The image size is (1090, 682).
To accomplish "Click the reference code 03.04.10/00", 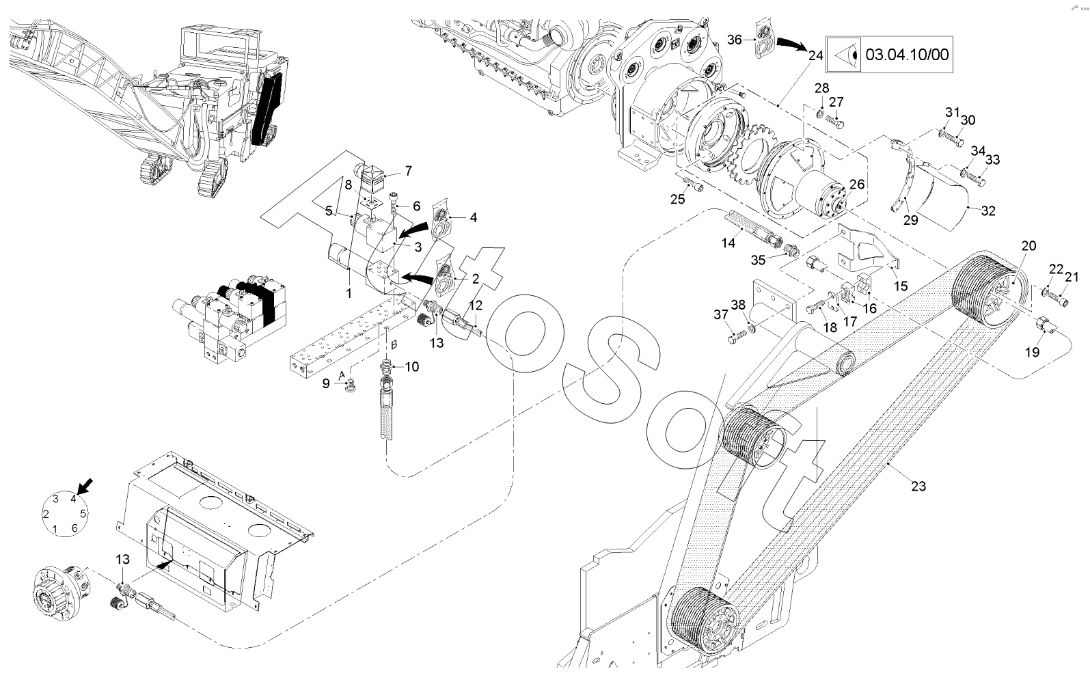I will pos(907,54).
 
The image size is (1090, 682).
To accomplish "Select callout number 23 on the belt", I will pos(918,486).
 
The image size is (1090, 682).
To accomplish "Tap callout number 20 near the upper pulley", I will pos(1028,246).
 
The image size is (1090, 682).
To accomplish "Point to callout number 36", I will pos(734,40).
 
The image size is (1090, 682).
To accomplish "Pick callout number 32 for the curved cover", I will pos(987,210).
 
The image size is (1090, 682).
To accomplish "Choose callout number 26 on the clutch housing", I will pos(856,184).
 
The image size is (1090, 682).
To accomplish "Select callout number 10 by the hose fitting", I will pos(411,367).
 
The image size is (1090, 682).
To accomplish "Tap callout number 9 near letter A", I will pos(326,384).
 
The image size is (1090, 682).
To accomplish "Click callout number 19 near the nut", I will pos(1032,352).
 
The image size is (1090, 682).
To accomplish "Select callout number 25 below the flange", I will pos(677,200).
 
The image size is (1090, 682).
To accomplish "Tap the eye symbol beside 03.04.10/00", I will pos(844,54).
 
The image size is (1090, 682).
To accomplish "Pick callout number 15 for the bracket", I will pos(901,286).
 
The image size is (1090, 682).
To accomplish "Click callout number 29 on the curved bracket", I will pos(911,219).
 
